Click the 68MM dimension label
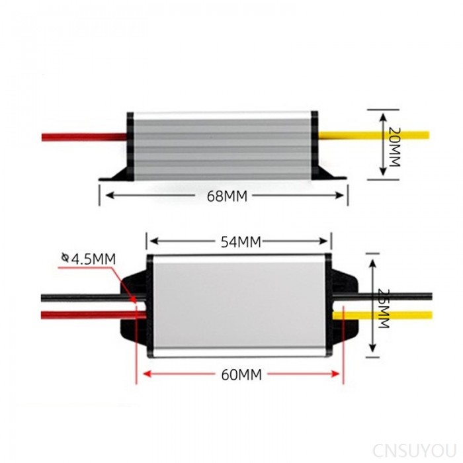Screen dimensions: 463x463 coord(226,196)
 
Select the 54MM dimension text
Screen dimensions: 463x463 coord(239,242)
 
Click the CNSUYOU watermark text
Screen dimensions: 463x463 coord(415,450)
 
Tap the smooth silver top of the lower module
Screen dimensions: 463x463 coord(238,304)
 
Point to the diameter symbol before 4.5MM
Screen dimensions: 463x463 coord(64,258)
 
